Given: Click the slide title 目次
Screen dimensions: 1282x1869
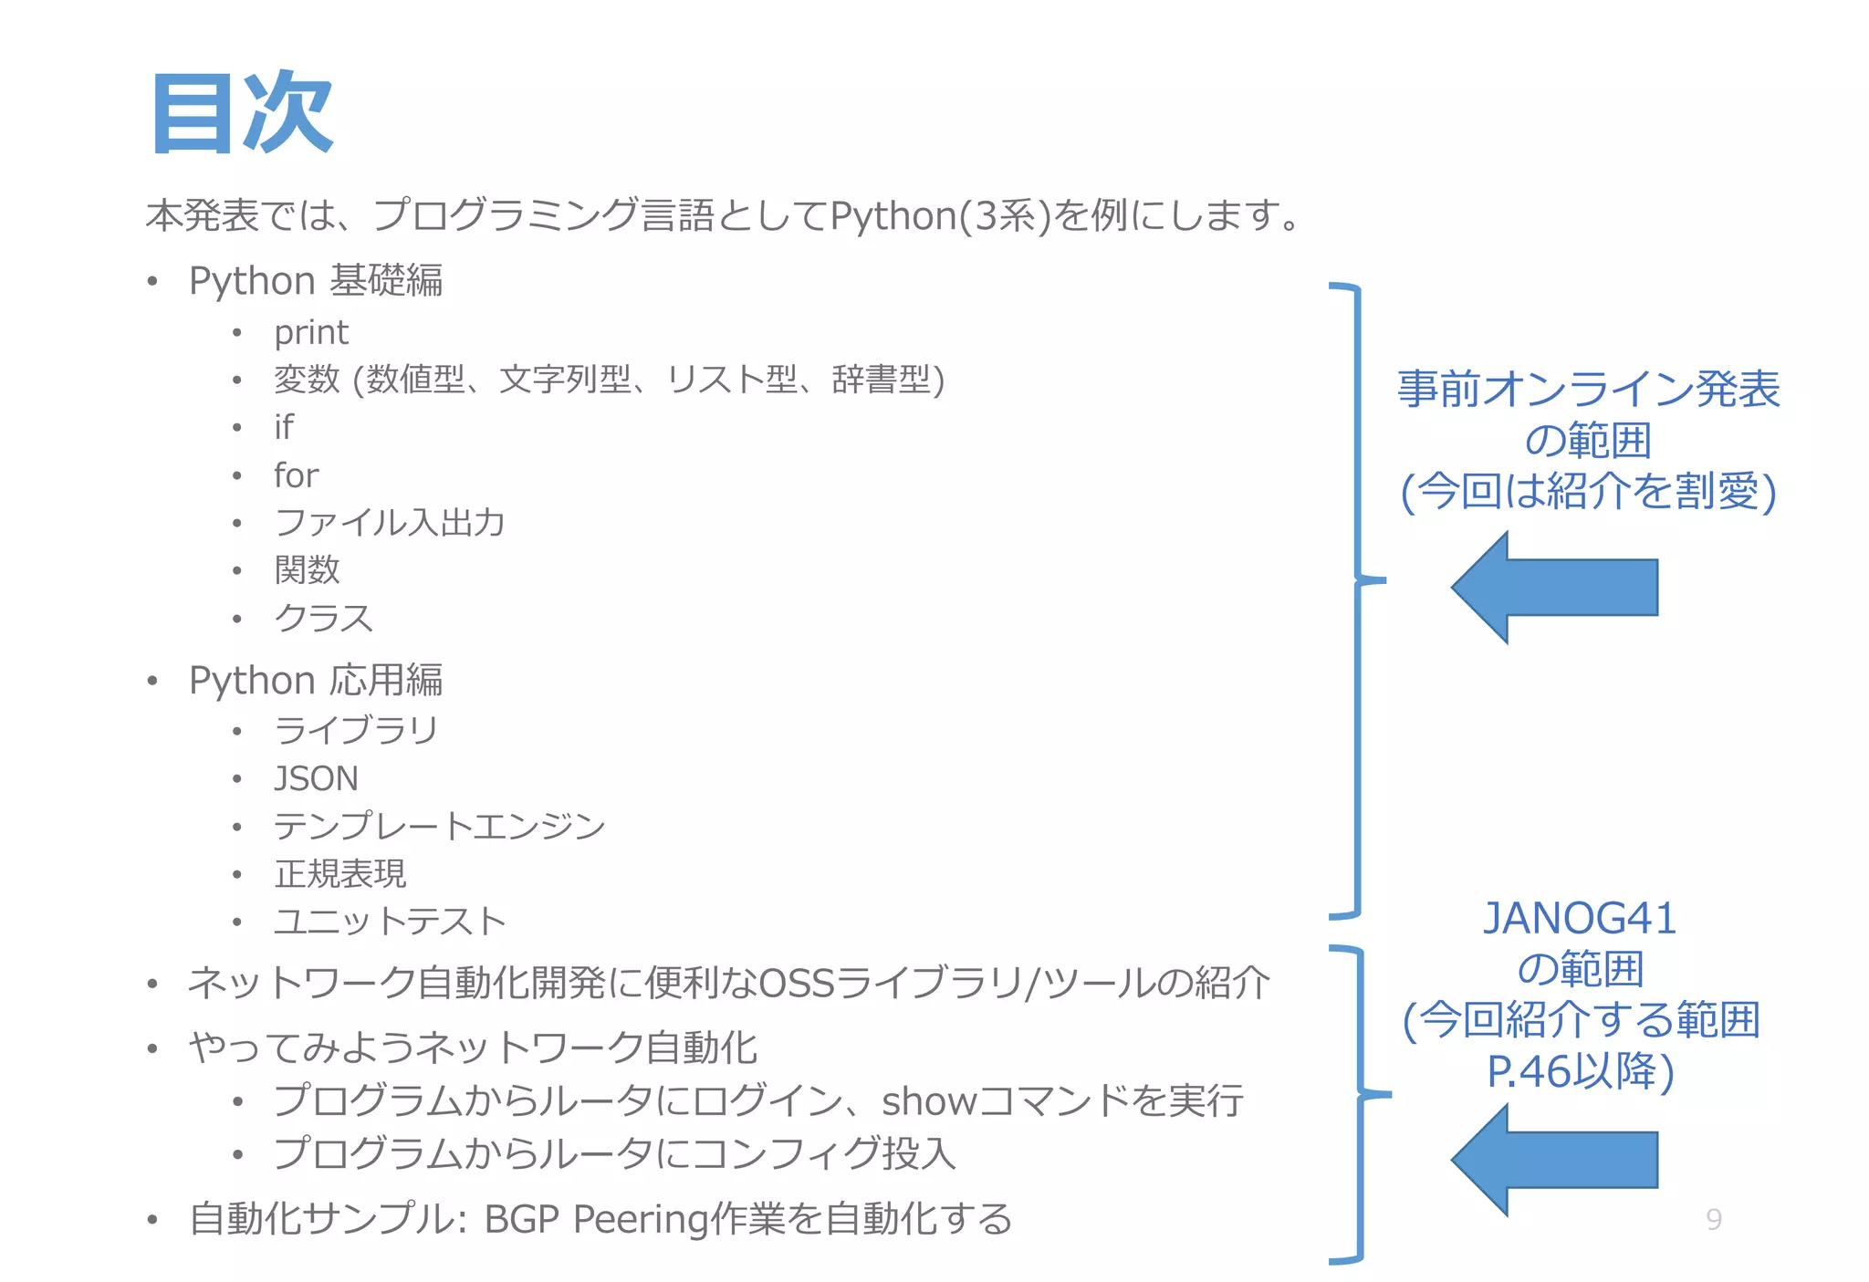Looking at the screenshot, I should coord(242,113).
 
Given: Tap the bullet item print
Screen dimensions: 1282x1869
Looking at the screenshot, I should coord(311,332).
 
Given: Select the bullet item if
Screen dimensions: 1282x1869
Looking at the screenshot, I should coord(284,427).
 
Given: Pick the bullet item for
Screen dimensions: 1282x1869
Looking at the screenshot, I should coord(296,475).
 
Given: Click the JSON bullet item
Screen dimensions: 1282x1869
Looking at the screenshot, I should coord(316,778).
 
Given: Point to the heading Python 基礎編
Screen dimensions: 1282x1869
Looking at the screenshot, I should coord(316,280).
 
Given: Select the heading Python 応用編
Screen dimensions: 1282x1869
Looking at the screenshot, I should coord(316,680).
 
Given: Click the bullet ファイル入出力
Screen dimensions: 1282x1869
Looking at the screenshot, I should coord(390,523).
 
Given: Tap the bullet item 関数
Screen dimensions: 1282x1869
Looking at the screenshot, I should coord(308,570).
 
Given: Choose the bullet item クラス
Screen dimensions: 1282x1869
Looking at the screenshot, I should coord(324,619).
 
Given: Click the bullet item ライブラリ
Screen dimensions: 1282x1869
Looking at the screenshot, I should coord(357,730).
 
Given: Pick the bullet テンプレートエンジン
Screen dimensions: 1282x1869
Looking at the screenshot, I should coord(440,827).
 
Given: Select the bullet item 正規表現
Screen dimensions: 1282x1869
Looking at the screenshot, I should coord(340,874).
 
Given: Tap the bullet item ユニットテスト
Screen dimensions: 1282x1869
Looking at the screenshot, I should coord(391,922).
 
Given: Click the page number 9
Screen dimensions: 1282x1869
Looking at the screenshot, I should coord(1714,1219).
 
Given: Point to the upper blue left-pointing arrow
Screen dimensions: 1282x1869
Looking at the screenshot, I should coord(1555,588).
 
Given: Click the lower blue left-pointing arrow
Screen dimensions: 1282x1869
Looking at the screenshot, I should coord(1555,1160).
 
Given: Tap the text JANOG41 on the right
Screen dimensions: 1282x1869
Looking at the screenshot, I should coord(1580,918).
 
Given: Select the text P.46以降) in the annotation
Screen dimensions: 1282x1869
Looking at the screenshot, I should coord(1580,1071).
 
